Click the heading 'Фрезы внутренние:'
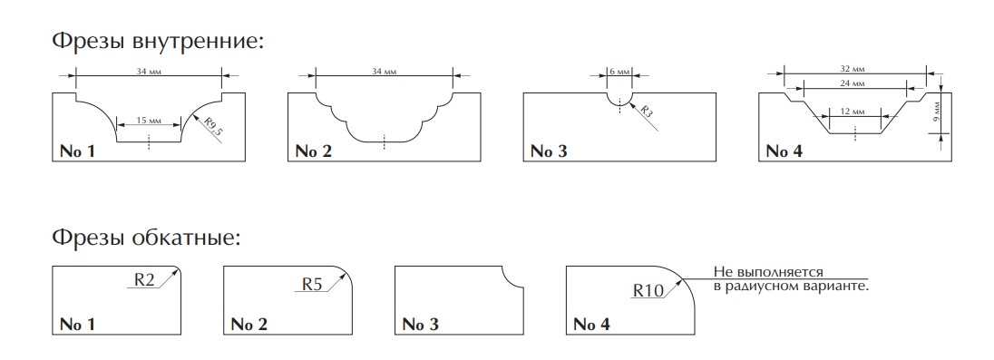[x=157, y=42]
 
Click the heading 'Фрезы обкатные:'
[x=146, y=238]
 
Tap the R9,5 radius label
[x=214, y=127]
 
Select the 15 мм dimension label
[x=149, y=120]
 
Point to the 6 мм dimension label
[x=619, y=72]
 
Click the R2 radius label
[x=145, y=279]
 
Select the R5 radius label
[x=312, y=284]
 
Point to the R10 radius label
[x=648, y=290]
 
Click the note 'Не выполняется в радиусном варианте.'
[x=791, y=279]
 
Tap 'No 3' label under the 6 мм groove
[x=549, y=151]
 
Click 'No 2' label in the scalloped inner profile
[x=313, y=151]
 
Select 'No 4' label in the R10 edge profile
[x=591, y=325]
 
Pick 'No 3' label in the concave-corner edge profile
[x=420, y=325]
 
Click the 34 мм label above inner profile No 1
[x=149, y=72]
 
